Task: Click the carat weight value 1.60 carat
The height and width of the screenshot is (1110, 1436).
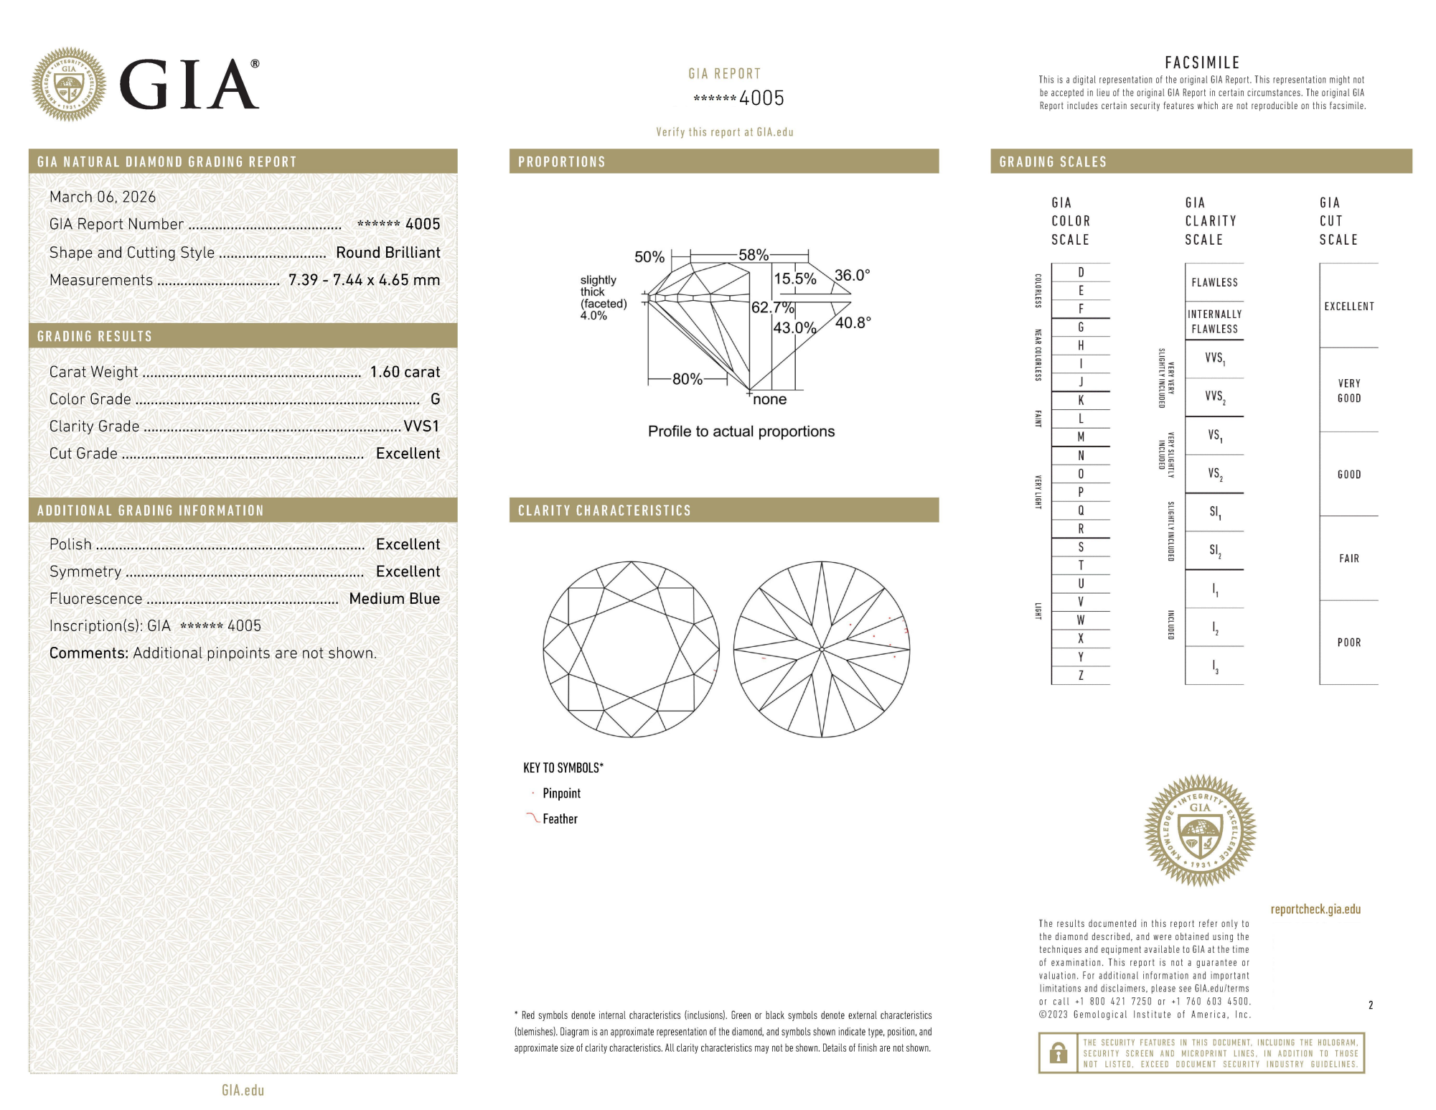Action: (405, 372)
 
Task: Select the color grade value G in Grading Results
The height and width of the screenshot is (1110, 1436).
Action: (435, 399)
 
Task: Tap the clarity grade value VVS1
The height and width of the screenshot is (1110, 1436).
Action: (421, 426)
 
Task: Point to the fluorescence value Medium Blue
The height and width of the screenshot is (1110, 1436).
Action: (394, 599)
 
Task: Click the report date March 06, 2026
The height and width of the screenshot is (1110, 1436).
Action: (103, 197)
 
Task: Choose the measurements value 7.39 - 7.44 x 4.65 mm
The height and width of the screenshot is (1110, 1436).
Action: (364, 280)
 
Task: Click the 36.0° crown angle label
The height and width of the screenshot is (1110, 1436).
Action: (852, 276)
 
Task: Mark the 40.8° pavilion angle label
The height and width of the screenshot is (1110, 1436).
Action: (853, 323)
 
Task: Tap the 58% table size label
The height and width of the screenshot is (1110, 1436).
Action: (753, 255)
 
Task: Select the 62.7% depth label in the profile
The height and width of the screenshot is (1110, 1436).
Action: (772, 308)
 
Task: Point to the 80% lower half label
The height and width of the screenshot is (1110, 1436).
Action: (687, 379)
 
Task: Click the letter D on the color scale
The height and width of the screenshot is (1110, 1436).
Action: (1081, 272)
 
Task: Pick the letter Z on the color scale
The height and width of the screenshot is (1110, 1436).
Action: (1081, 676)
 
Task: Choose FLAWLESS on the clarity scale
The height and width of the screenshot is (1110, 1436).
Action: (1214, 283)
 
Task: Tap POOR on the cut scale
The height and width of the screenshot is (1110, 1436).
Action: (1348, 643)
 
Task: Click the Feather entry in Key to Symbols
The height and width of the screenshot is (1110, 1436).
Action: (560, 819)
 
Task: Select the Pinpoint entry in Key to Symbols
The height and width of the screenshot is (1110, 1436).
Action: (561, 793)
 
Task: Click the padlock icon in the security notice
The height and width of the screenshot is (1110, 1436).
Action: (1058, 1053)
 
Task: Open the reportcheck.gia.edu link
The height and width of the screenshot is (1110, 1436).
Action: (1315, 910)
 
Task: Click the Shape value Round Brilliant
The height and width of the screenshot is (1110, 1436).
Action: (388, 253)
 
